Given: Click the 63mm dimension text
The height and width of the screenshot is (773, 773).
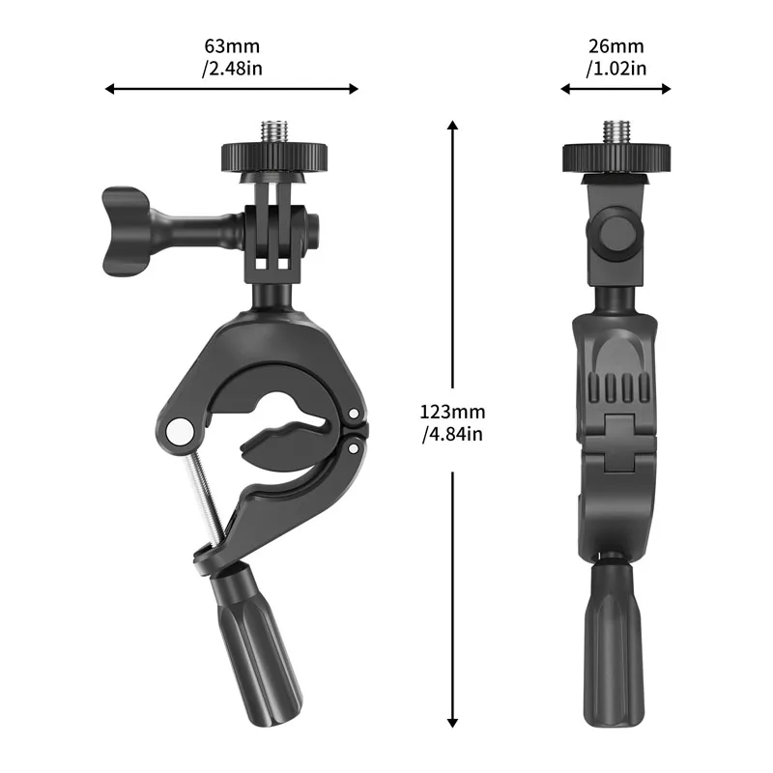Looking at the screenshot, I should pyautogui.click(x=232, y=46).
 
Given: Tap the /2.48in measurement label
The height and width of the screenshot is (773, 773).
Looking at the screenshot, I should pyautogui.click(x=232, y=68).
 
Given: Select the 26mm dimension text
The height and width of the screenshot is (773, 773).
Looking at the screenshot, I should pyautogui.click(x=616, y=46).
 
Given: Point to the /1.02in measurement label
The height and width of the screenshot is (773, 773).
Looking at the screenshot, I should pyautogui.click(x=616, y=68).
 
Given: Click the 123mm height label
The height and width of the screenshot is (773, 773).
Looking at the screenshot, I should pyautogui.click(x=452, y=413).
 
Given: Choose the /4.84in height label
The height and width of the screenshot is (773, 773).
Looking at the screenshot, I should pyautogui.click(x=452, y=434).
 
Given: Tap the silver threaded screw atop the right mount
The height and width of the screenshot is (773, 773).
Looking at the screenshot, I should pyautogui.click(x=616, y=131).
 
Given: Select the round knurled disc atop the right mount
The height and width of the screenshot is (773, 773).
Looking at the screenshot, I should pyautogui.click(x=616, y=155).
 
